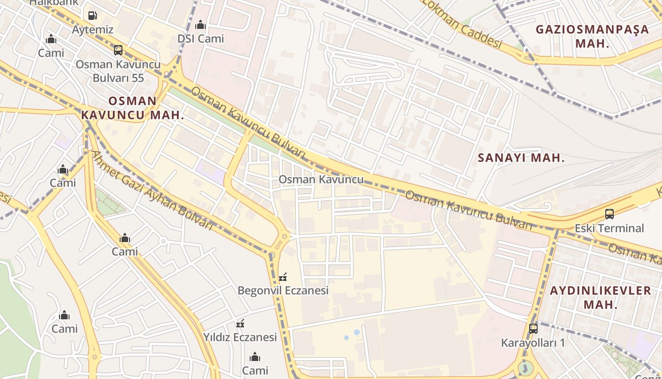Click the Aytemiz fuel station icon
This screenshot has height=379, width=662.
click(x=93, y=16)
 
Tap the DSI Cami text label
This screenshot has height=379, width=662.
click(x=200, y=38)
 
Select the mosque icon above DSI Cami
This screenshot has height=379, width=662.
click(x=200, y=25)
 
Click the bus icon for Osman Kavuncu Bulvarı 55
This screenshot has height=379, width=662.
click(x=118, y=50)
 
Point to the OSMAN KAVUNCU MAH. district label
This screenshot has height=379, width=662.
click(x=132, y=108)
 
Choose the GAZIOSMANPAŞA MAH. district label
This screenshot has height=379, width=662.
click(x=592, y=36)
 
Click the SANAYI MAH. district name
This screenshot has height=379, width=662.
click(x=521, y=158)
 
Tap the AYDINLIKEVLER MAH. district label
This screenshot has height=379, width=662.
click(x=601, y=297)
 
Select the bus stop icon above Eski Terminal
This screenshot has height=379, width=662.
click(x=610, y=214)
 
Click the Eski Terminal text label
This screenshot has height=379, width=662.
click(x=609, y=228)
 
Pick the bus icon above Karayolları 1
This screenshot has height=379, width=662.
click(x=533, y=328)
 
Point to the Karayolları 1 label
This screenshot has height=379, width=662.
click(x=533, y=342)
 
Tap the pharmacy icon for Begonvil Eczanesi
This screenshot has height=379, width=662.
click(x=283, y=277)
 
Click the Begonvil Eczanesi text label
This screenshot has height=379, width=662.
click(x=283, y=290)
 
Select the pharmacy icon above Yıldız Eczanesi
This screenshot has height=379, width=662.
click(x=240, y=324)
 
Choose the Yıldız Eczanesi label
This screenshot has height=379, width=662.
click(x=240, y=337)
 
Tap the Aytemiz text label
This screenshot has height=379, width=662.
click(x=93, y=29)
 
